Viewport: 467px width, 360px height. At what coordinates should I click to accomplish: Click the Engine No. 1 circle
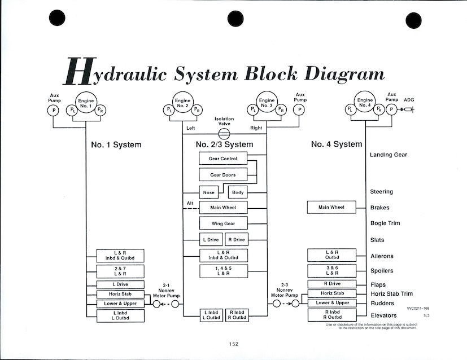[86, 104]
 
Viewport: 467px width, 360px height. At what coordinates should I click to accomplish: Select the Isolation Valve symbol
[224, 133]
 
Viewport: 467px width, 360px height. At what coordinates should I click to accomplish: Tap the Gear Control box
[223, 159]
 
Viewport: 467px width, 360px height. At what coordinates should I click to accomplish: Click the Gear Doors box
[223, 175]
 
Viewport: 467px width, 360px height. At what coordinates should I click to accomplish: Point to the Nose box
[209, 192]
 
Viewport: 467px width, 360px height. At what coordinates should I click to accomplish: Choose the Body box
[238, 192]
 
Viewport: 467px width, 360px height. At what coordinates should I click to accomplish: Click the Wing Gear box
[223, 223]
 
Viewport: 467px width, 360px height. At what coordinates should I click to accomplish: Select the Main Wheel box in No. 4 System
[331, 207]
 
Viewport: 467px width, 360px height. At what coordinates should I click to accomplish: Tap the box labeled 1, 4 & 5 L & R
[223, 271]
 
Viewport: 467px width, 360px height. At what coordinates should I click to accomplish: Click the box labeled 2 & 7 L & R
[120, 271]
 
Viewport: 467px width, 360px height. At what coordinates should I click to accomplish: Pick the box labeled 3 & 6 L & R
[331, 271]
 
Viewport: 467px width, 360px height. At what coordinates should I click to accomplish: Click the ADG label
[409, 100]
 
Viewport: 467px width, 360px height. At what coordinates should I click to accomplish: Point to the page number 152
[234, 344]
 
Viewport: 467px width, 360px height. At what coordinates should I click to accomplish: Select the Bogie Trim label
[385, 223]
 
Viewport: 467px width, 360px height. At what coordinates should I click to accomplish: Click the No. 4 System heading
[337, 144]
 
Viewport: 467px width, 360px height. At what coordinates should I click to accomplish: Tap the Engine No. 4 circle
[365, 104]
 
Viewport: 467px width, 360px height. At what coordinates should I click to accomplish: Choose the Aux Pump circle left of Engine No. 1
[54, 110]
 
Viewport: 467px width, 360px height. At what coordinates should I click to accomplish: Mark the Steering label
[381, 192]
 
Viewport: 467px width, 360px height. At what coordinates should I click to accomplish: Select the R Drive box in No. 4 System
[331, 284]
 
